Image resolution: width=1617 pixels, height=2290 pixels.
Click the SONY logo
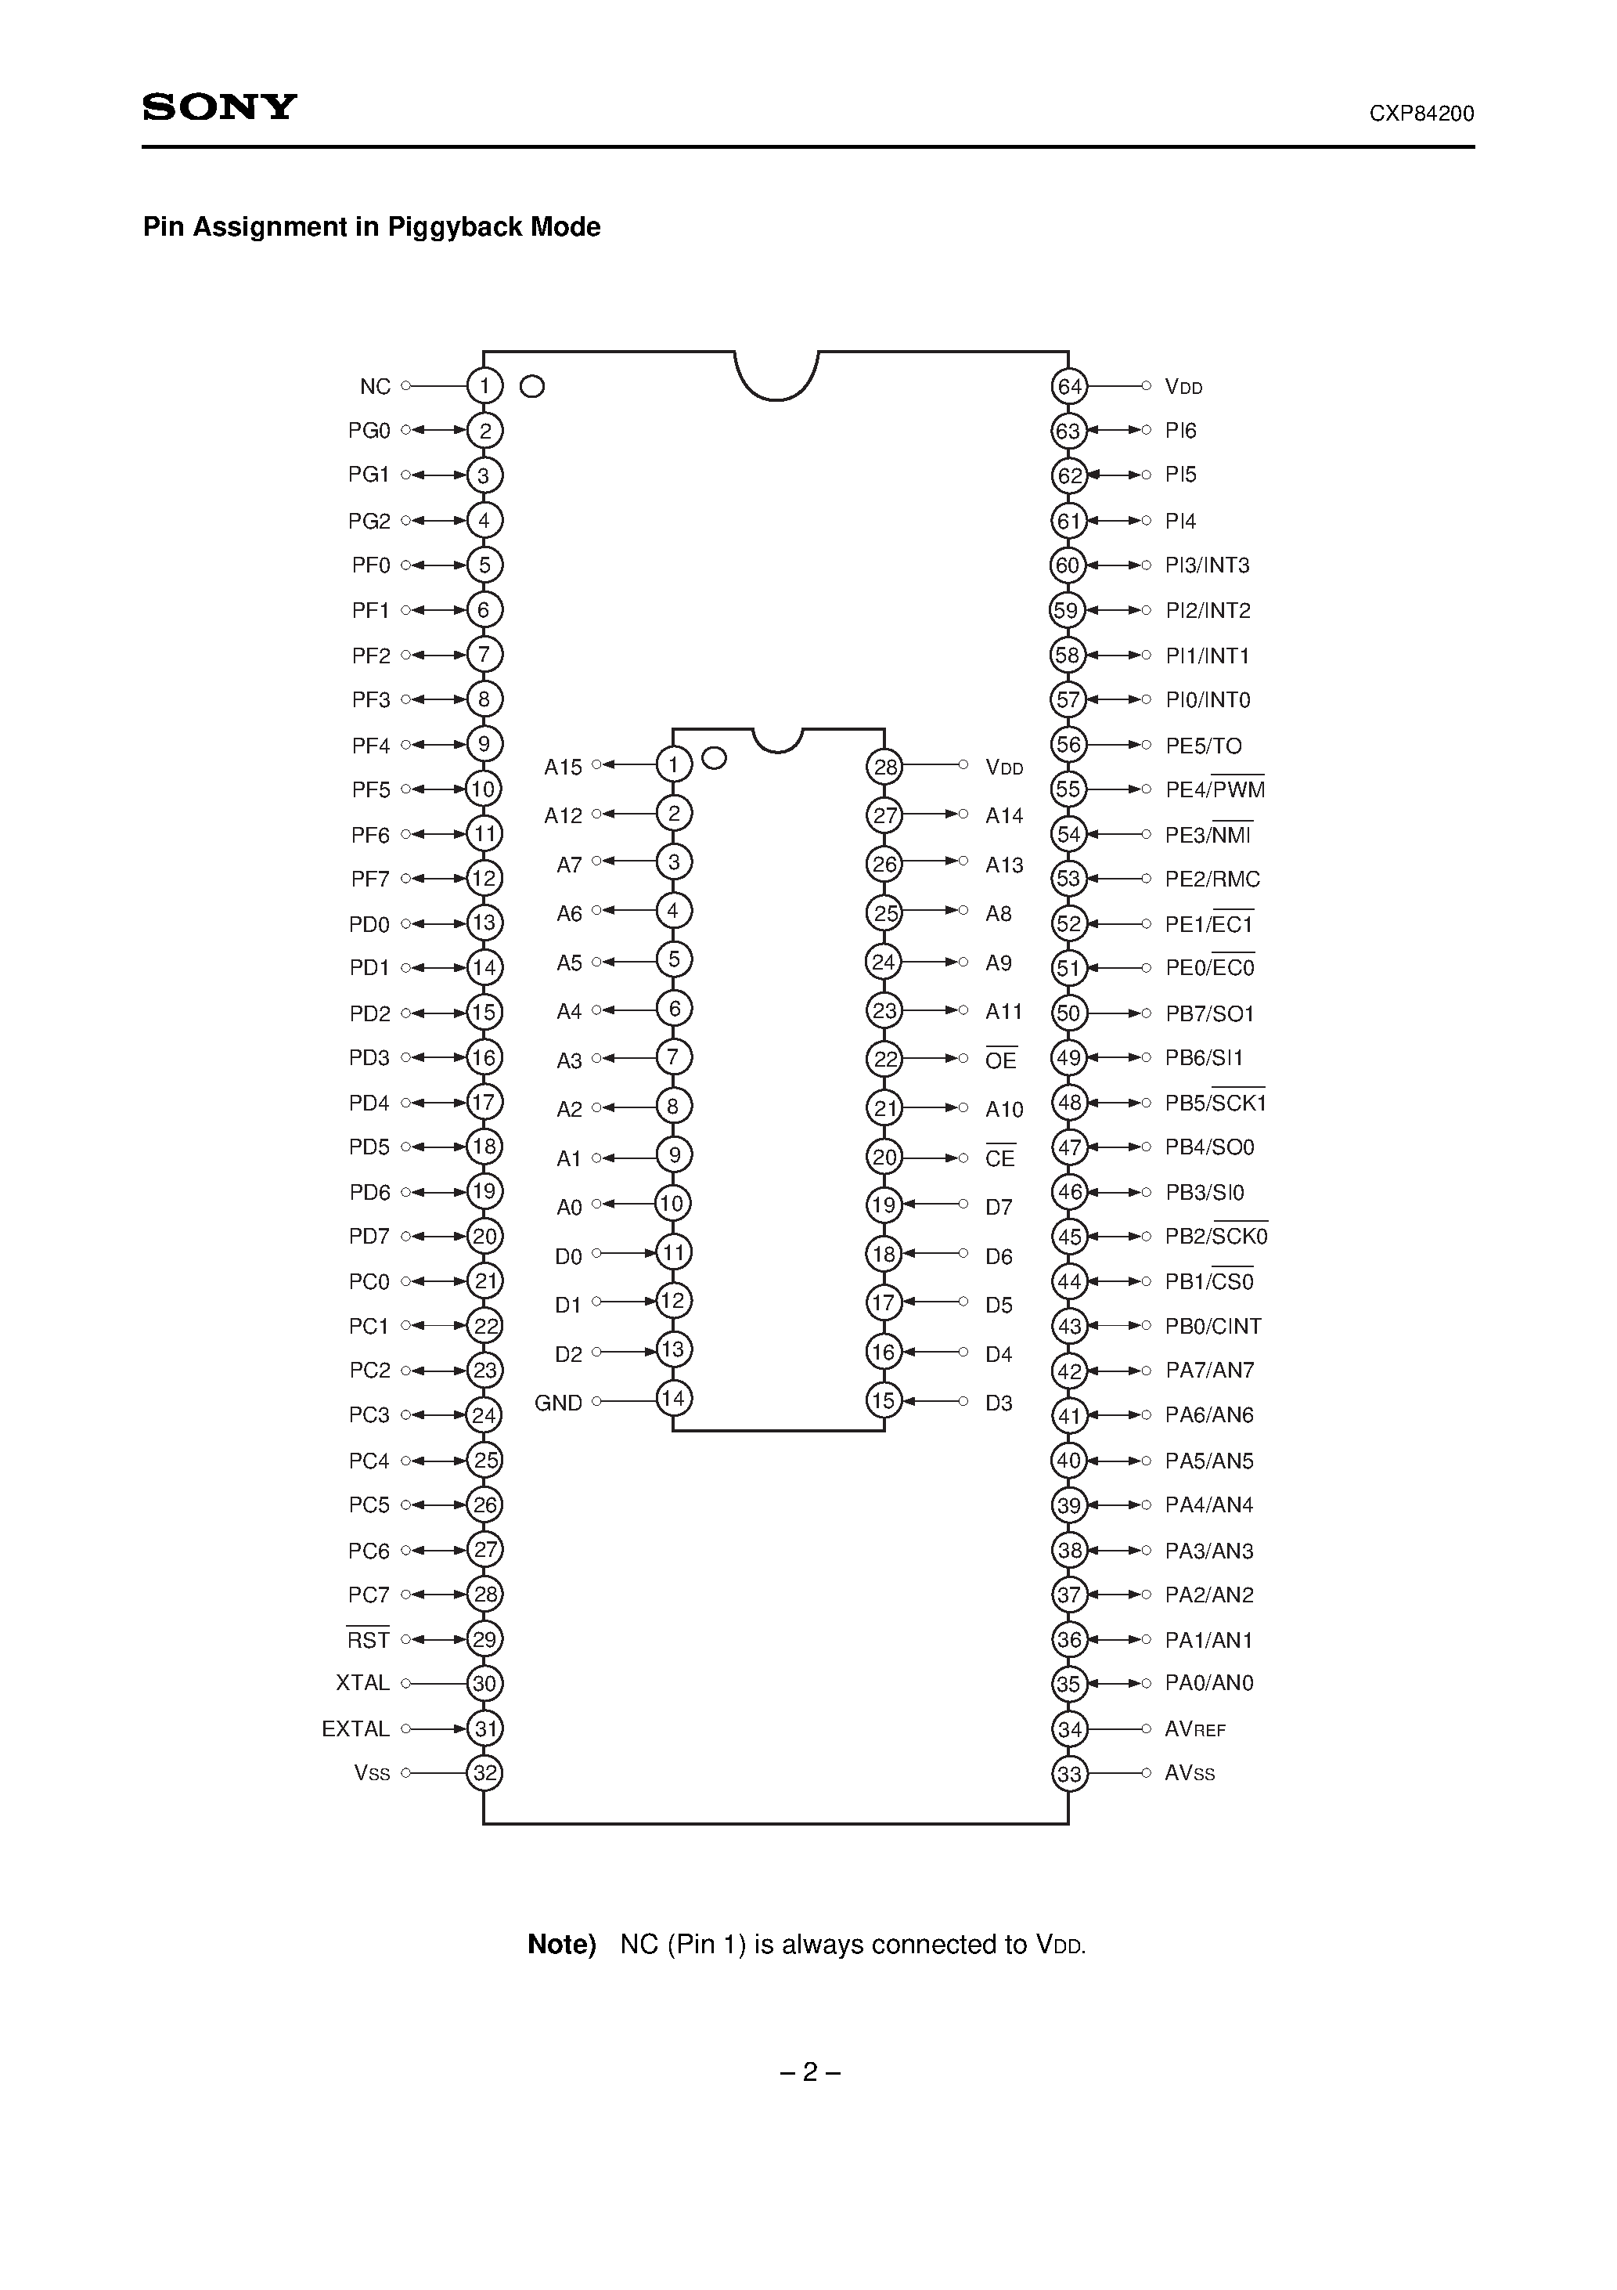pyautogui.click(x=219, y=107)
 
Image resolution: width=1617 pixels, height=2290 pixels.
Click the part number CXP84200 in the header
pyautogui.click(x=1421, y=114)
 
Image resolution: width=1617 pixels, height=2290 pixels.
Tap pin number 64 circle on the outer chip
pyautogui.click(x=1070, y=386)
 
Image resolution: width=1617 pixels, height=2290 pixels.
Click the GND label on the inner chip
pyautogui.click(x=558, y=1403)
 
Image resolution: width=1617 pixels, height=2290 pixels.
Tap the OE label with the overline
pyautogui.click(x=1001, y=1059)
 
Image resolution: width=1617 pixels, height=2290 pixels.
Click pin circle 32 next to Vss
pyautogui.click(x=484, y=1772)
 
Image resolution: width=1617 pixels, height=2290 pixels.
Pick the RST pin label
pyautogui.click(x=368, y=1638)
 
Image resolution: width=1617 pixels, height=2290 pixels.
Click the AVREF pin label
pyautogui.click(x=1195, y=1728)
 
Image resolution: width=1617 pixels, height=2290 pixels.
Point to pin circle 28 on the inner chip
pyautogui.click(x=885, y=767)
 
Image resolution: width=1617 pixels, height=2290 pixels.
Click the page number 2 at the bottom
pyautogui.click(x=809, y=2071)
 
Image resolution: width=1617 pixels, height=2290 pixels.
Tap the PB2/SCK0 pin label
pyautogui.click(x=1216, y=1236)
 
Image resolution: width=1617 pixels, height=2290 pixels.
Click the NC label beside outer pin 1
pyautogui.click(x=375, y=386)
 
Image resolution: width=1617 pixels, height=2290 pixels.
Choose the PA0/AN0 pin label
pyautogui.click(x=1209, y=1682)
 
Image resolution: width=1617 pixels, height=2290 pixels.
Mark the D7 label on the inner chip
pyautogui.click(x=999, y=1207)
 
